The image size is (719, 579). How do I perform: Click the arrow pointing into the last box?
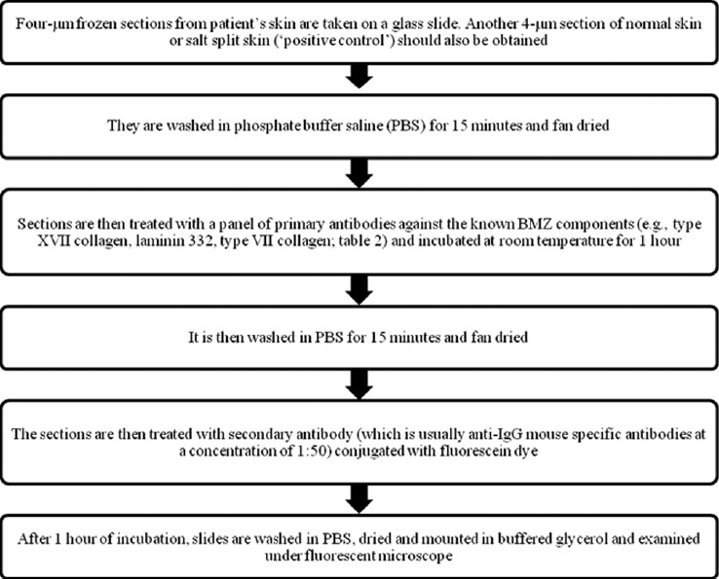tap(359, 499)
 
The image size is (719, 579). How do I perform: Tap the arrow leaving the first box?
tap(359, 76)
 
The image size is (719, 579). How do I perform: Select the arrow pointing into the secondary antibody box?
tap(359, 383)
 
